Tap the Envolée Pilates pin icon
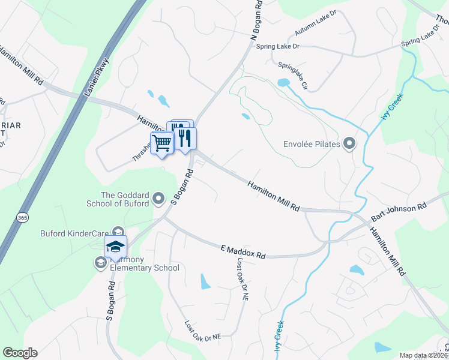tap(350, 143)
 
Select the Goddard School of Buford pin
tap(158, 198)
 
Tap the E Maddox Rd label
tap(243, 251)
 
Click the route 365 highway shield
tap(22, 217)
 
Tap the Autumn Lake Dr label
tap(316, 25)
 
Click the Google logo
tap(20, 353)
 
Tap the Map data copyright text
tap(424, 355)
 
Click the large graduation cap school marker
tap(115, 245)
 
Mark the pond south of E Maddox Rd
tap(206, 280)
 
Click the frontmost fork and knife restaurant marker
tap(185, 139)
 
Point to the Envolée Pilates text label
tap(312, 144)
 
